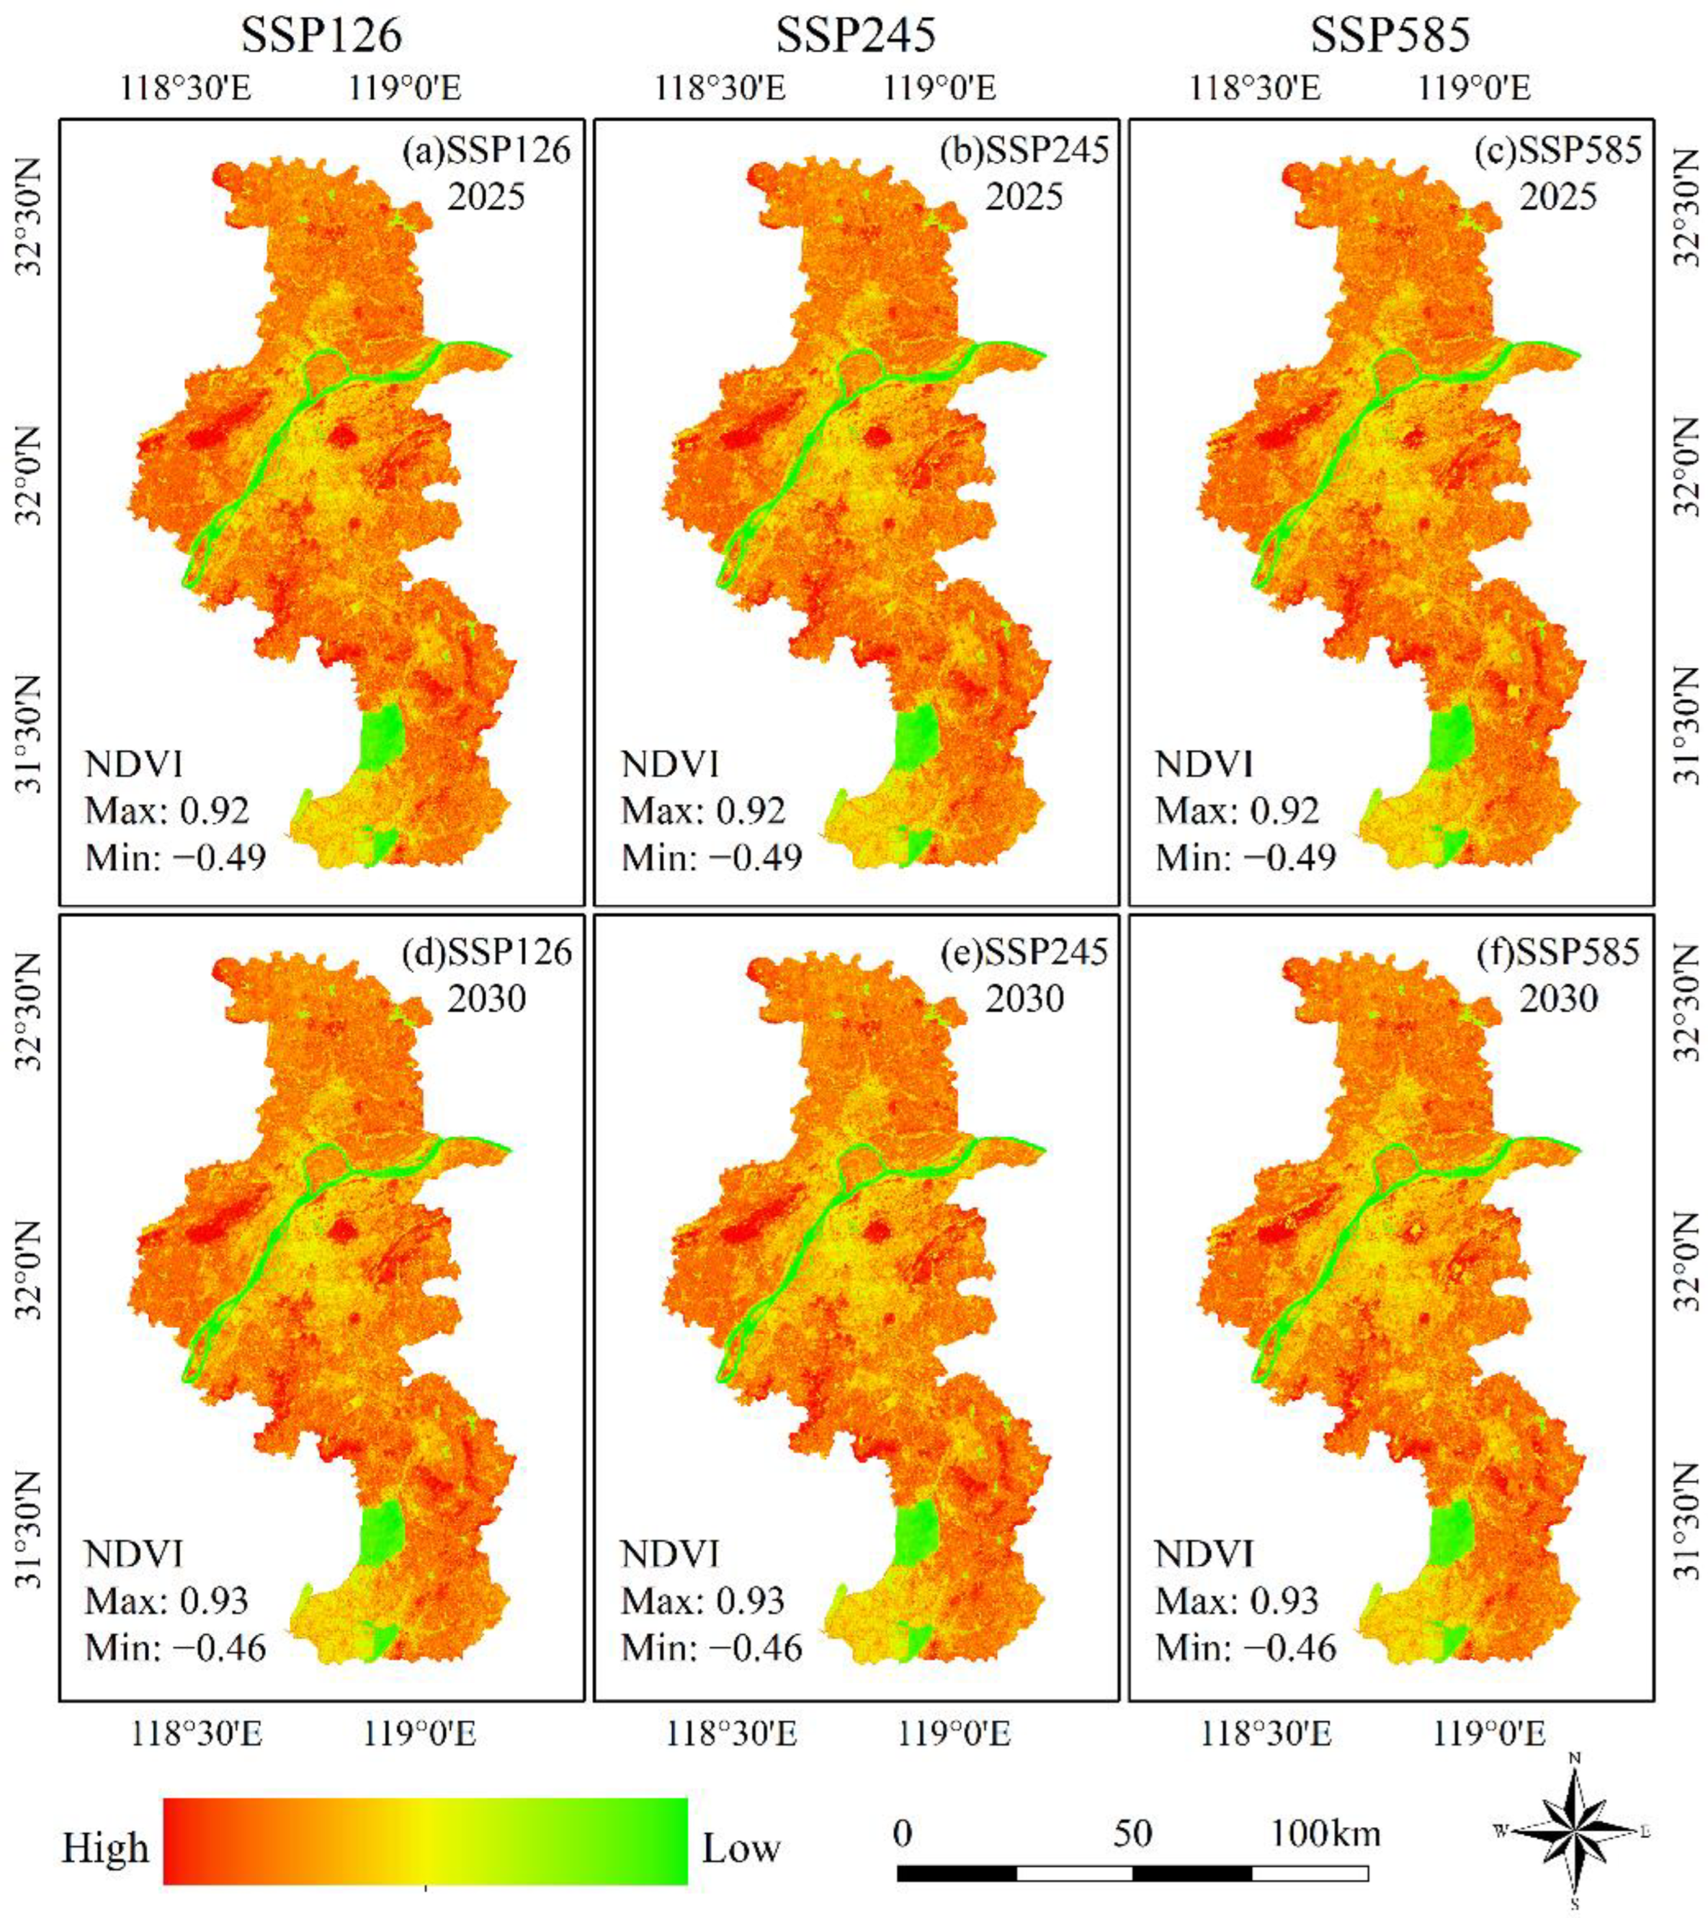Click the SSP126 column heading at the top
click(322, 36)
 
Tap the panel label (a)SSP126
click(486, 150)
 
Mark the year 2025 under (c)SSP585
click(1559, 196)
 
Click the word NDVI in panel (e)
click(669, 1555)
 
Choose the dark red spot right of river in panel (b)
click(877, 436)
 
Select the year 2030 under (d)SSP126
click(486, 998)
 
